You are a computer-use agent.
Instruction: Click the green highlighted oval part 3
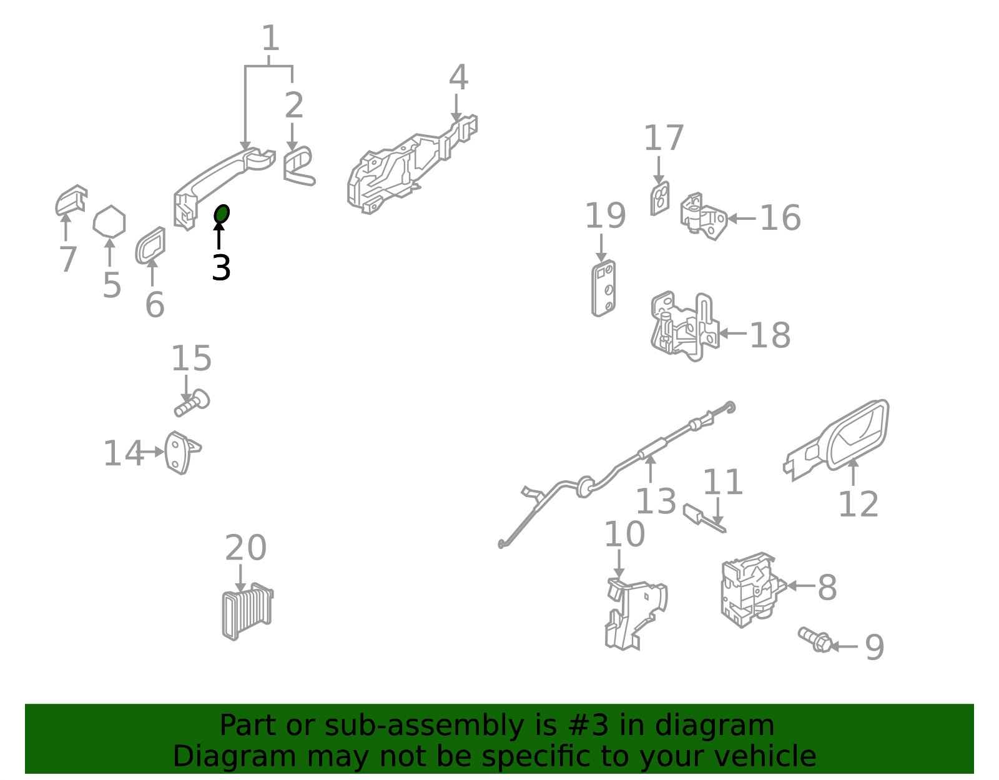[x=222, y=214]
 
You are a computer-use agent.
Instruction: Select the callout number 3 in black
[x=221, y=268]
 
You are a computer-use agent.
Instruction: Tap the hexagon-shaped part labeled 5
[x=109, y=222]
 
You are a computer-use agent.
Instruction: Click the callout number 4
[x=458, y=77]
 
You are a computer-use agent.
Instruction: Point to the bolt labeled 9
[x=815, y=639]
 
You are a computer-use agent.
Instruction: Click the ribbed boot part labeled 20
[x=247, y=611]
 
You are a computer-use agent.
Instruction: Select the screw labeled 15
[x=192, y=403]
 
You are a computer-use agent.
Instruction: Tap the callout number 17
[x=664, y=137]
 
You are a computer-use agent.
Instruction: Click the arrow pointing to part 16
[x=742, y=219]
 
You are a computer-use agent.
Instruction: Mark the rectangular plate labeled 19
[x=603, y=288]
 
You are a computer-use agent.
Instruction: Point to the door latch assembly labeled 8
[x=752, y=590]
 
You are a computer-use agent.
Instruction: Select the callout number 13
[x=656, y=501]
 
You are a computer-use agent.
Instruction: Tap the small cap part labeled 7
[x=71, y=200]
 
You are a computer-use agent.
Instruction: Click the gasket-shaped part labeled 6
[x=150, y=246]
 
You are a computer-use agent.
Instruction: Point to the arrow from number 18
[x=732, y=333]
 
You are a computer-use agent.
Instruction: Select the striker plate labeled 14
[x=182, y=453]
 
